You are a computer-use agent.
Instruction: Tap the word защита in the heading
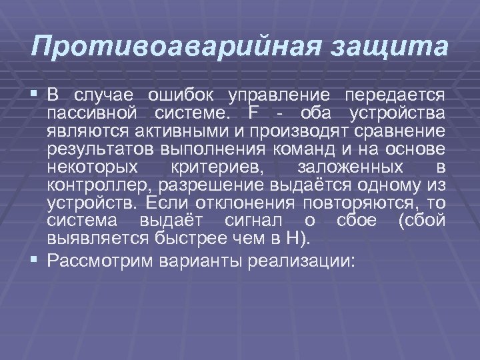click(389, 48)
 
